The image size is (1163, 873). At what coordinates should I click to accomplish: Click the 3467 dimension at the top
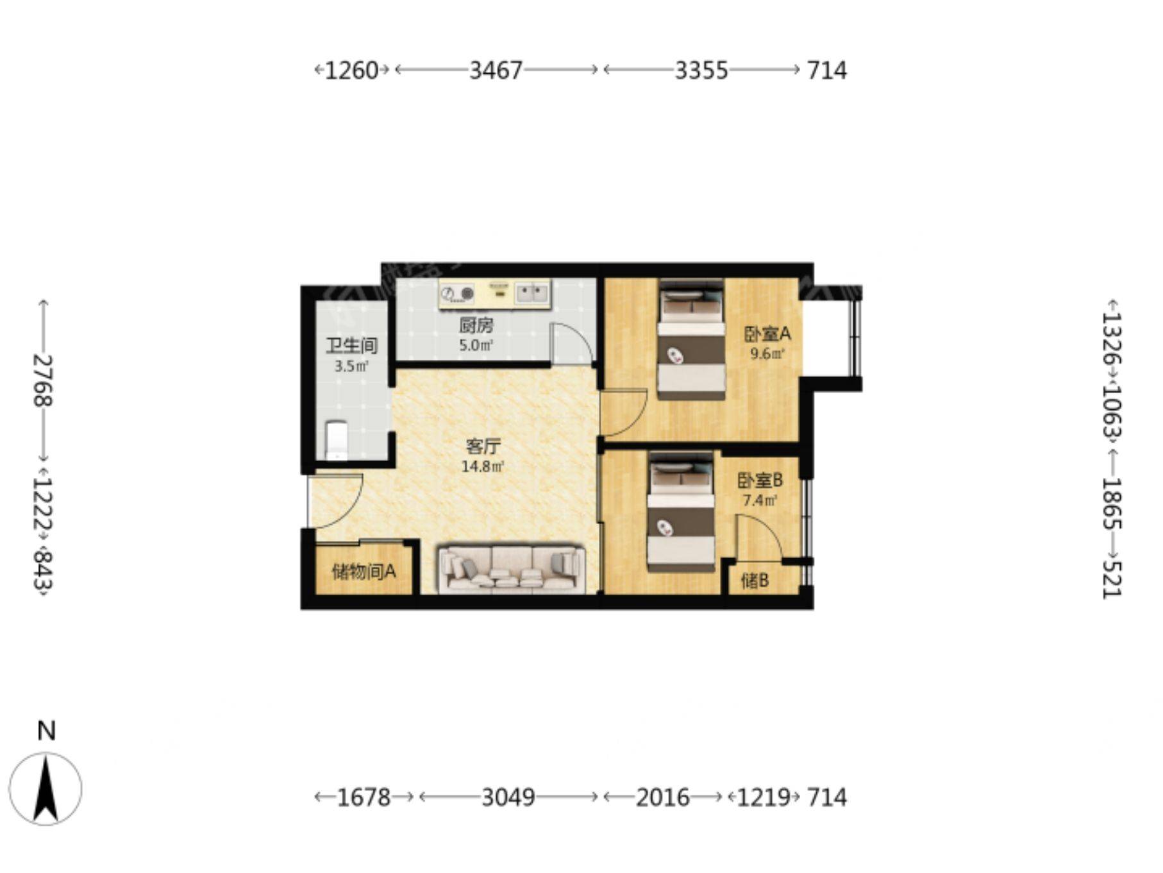click(496, 70)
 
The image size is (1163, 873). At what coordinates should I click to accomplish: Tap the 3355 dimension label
click(701, 70)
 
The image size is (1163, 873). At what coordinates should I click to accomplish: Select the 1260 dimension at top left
click(352, 70)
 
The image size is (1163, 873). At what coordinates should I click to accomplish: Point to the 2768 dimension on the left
click(43, 380)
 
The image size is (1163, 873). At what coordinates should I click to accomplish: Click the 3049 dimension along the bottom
click(508, 797)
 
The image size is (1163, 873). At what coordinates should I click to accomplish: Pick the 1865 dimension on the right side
click(1112, 503)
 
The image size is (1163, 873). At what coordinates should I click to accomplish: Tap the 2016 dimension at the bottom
click(662, 797)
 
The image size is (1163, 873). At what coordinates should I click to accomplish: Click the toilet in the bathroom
click(337, 440)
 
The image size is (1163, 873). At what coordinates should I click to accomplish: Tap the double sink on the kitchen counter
click(533, 293)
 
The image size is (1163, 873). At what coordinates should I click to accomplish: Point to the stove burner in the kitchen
click(456, 294)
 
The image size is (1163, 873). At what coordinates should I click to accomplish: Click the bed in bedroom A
click(691, 339)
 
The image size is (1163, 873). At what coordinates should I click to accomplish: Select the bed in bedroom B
click(681, 512)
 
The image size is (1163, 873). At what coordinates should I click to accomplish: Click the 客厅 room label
click(483, 446)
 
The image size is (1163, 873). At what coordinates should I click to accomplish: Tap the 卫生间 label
click(351, 346)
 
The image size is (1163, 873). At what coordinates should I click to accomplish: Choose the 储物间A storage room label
click(364, 571)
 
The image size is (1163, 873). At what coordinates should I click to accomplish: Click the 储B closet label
click(755, 581)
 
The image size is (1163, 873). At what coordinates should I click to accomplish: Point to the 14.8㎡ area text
click(483, 466)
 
